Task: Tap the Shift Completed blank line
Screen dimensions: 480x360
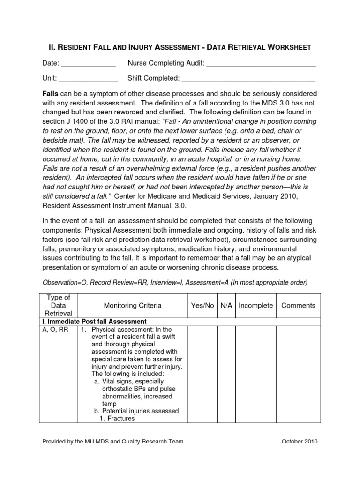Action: tap(248, 78)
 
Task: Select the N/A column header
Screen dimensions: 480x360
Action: tap(226, 305)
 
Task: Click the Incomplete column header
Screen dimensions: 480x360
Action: tap(255, 305)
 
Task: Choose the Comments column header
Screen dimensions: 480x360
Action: tap(298, 305)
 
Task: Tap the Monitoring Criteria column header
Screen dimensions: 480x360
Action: tap(133, 305)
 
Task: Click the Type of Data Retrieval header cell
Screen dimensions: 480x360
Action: tap(59, 305)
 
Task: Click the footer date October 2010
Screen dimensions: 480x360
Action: tap(300, 442)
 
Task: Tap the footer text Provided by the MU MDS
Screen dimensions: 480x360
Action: tap(112, 442)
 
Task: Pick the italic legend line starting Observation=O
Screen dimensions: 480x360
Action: tap(175, 283)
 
